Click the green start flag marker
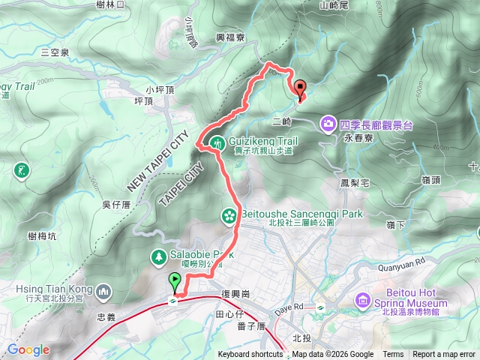click(175, 282)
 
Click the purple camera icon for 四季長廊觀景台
click(328, 121)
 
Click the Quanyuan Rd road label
click(404, 262)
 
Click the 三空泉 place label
click(55, 52)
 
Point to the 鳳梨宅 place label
click(354, 182)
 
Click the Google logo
click(28, 350)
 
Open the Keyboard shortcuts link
click(251, 355)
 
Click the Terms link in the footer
click(392, 355)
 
